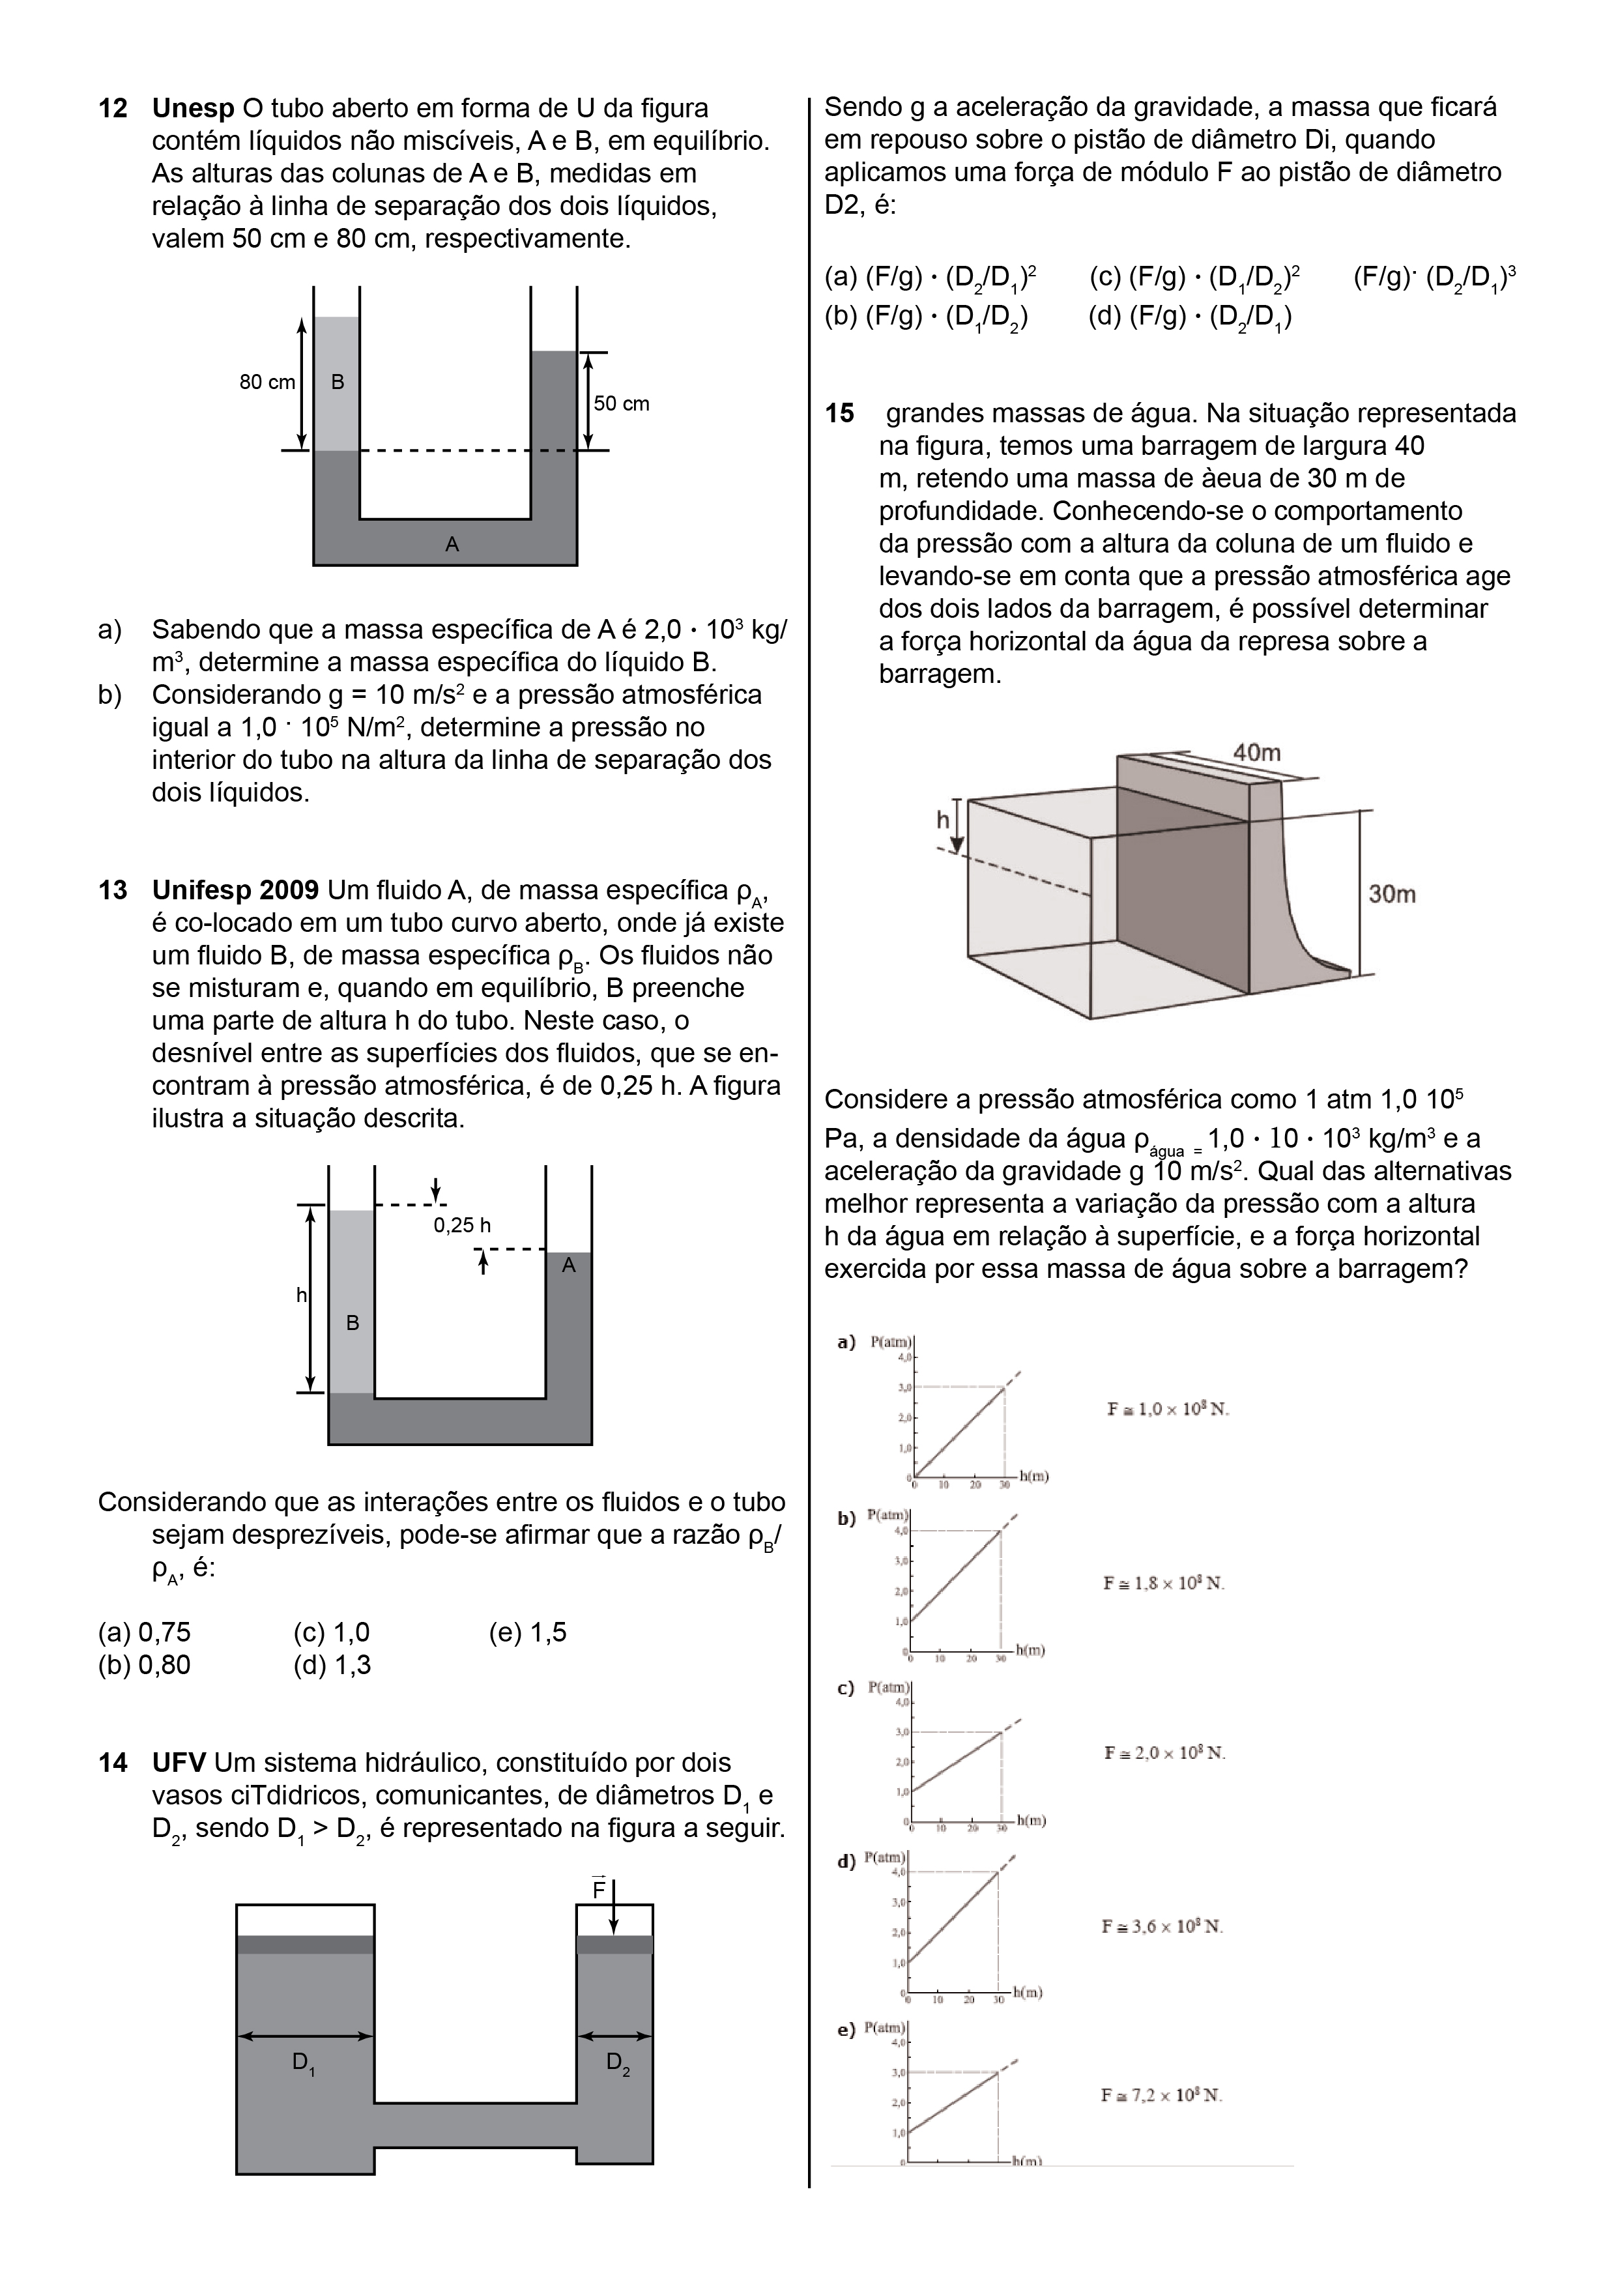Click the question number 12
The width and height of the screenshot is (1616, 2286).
[x=113, y=109]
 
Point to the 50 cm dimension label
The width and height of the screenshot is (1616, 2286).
[x=621, y=403]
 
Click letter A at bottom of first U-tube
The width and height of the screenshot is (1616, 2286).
[x=452, y=545]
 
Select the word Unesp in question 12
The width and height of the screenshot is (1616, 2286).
[x=193, y=109]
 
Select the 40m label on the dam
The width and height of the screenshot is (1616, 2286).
[x=1256, y=753]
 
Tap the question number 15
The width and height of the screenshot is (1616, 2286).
[x=839, y=413]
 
